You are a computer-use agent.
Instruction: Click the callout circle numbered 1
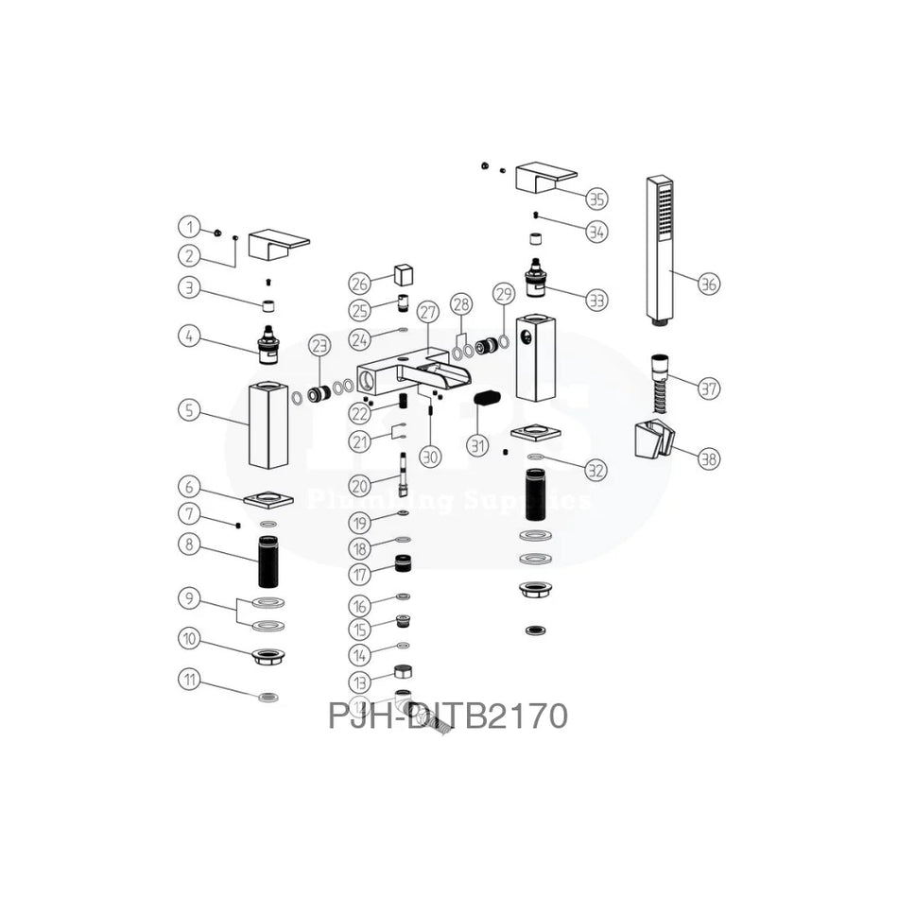pos(190,227)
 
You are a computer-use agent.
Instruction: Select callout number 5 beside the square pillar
pos(190,411)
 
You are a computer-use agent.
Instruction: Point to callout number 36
pos(709,283)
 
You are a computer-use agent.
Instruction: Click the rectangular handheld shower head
pos(659,250)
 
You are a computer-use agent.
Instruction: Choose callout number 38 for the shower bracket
pos(709,458)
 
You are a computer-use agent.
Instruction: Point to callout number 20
pos(358,484)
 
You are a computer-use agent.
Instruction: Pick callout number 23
pos(318,346)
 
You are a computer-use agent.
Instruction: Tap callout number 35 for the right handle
pos(596,199)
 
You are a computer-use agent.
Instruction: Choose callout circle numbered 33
pos(596,301)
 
